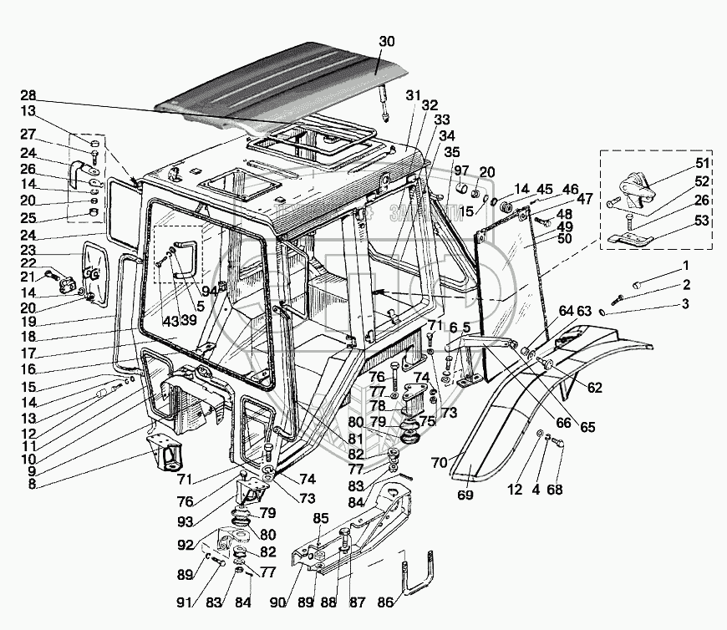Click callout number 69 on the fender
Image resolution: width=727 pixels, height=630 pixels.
pos(465,495)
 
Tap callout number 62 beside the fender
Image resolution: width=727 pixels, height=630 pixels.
pos(593,387)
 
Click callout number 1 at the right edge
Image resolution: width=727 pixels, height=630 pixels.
pos(685,266)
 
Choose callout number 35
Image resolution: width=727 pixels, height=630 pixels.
pos(452,152)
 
